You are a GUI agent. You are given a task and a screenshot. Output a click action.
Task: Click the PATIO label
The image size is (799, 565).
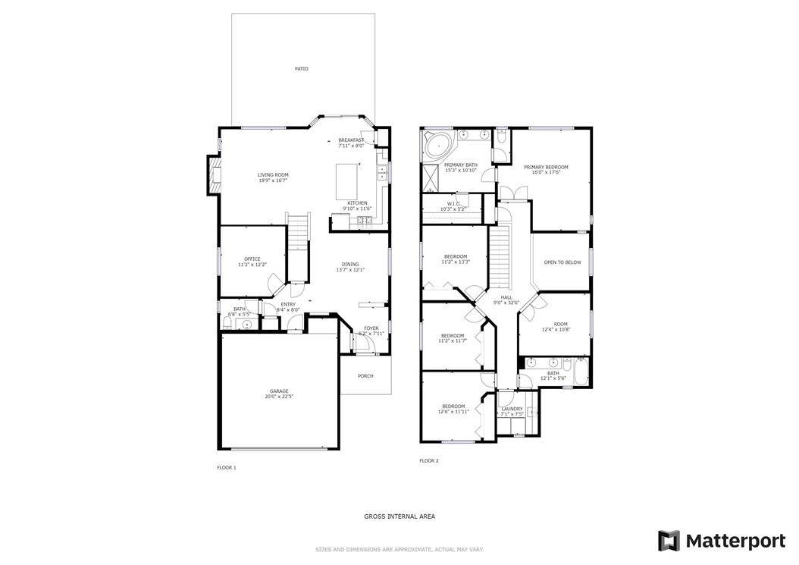(x=301, y=68)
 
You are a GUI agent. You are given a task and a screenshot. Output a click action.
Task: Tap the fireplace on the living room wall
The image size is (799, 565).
(x=213, y=174)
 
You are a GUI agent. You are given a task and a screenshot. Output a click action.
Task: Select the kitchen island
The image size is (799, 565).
(x=349, y=180)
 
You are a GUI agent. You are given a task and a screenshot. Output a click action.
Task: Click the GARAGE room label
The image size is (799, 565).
(x=278, y=391)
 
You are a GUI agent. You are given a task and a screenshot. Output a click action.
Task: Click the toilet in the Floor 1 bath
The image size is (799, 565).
(x=228, y=323)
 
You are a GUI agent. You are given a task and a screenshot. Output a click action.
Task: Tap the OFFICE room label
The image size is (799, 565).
(x=252, y=259)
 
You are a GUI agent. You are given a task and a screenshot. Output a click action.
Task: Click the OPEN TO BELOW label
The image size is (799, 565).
(x=562, y=262)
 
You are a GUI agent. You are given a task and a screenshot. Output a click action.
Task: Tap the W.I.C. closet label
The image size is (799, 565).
(x=453, y=203)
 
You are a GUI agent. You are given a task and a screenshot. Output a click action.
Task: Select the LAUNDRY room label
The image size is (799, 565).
(x=512, y=408)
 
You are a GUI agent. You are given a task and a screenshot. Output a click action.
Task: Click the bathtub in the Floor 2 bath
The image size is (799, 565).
(x=580, y=372)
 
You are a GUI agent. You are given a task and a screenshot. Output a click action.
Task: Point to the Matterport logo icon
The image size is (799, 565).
(x=669, y=541)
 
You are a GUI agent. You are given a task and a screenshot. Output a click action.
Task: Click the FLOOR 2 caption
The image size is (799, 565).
(x=429, y=460)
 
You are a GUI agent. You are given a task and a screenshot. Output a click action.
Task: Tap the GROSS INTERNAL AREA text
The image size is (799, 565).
(x=399, y=516)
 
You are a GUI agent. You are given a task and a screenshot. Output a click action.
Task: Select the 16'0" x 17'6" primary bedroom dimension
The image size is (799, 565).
(x=546, y=173)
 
